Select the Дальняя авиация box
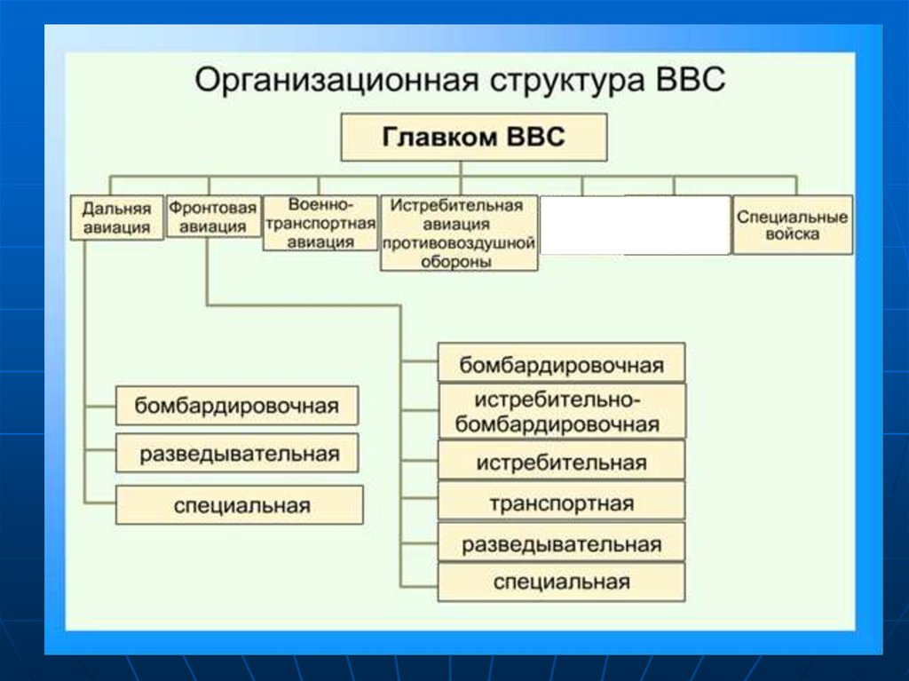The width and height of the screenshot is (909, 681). tap(116, 218)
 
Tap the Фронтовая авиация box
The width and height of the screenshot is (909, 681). tap(213, 217)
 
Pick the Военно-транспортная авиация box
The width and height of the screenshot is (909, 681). tap(320, 223)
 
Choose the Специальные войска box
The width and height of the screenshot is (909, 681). tap(792, 225)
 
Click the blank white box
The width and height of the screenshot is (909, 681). tap(635, 225)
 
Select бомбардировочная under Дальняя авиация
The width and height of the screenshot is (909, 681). tap(237, 406)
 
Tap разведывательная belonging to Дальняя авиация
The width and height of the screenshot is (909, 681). tap(237, 454)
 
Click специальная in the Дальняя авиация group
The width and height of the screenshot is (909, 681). tap(240, 505)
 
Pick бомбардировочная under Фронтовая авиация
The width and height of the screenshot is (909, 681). tap(561, 364)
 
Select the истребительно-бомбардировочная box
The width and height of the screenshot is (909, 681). tap(561, 410)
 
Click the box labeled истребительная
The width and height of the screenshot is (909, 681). tap(561, 462)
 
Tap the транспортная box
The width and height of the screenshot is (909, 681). tap(561, 503)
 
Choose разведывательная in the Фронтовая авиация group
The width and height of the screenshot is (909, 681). tap(561, 543)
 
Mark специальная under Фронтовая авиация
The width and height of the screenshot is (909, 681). tap(561, 582)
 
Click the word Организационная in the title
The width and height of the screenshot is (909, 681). tap(330, 80)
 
